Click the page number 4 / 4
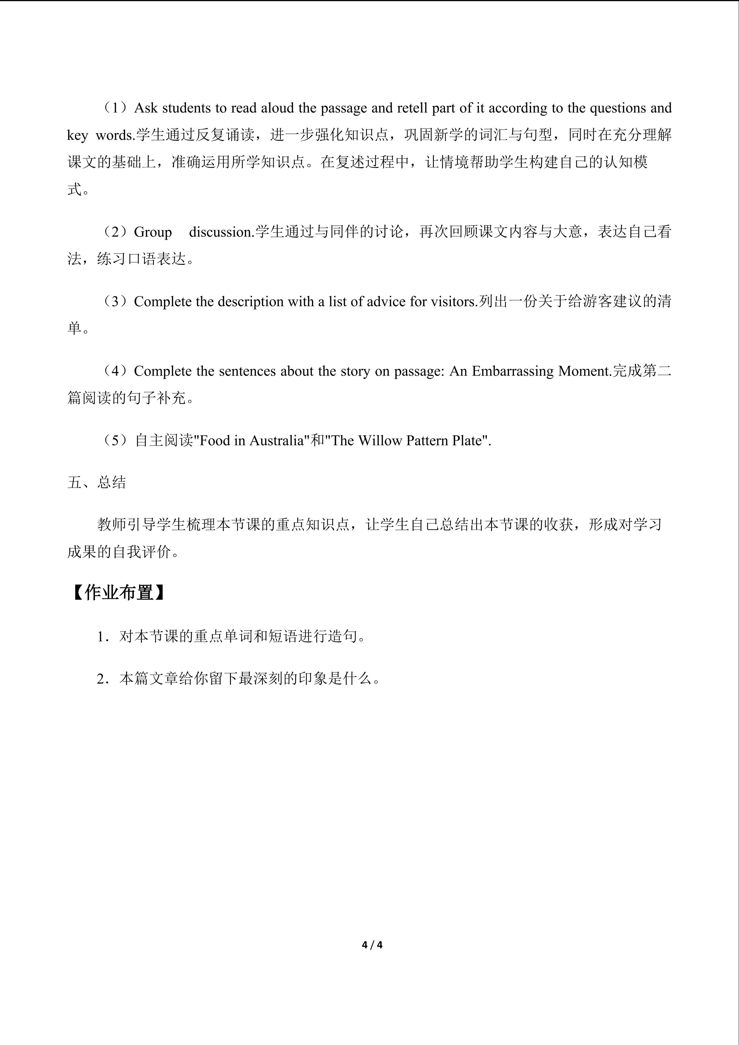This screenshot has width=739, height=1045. click(372, 945)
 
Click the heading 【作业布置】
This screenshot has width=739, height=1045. click(119, 592)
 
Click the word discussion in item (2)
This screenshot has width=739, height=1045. click(221, 232)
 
